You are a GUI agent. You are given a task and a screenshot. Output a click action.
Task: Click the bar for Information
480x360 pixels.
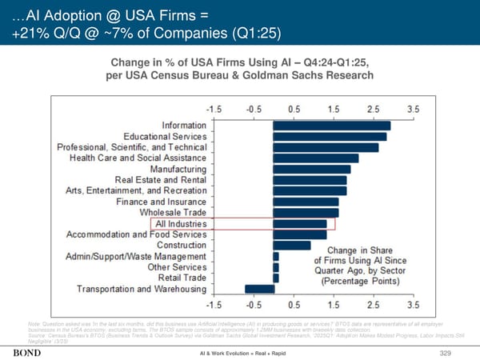pyautogui.click(x=332, y=126)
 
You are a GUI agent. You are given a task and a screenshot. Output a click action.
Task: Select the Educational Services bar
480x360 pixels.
pyautogui.click(x=330, y=137)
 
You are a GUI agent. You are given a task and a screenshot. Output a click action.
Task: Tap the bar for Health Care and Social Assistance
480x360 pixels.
pyautogui.click(x=316, y=158)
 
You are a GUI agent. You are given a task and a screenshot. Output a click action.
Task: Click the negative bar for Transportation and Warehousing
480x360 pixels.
pyautogui.click(x=259, y=289)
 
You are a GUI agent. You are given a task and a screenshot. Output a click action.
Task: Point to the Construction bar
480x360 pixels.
pyautogui.click(x=292, y=246)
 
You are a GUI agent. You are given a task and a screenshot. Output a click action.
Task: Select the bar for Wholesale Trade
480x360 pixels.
pyautogui.click(x=306, y=213)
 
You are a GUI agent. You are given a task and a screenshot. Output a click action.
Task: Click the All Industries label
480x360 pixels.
pyautogui.click(x=181, y=224)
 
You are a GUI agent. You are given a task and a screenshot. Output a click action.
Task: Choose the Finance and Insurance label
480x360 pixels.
pyautogui.click(x=161, y=202)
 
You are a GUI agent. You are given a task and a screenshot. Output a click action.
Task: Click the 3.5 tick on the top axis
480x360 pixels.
pyautogui.click(x=413, y=108)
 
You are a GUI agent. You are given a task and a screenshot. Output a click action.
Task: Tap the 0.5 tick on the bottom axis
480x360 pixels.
pyautogui.click(x=294, y=305)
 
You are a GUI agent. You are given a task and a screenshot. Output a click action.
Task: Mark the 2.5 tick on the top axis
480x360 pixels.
pyautogui.click(x=373, y=108)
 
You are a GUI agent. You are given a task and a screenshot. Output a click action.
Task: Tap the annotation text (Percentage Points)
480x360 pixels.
pyautogui.click(x=361, y=282)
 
